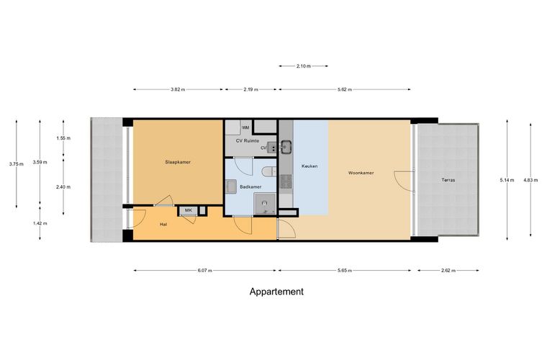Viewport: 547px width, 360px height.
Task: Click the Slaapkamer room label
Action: pos(178,162)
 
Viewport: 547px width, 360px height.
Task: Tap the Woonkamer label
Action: pos(361,173)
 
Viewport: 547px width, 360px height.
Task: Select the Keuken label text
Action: pos(309,166)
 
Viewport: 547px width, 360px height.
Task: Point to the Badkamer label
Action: pos(250,187)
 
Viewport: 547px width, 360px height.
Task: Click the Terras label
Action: pos(448,180)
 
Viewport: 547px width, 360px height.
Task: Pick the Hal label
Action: pos(163,225)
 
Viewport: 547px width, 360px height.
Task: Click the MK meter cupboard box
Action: pos(189,211)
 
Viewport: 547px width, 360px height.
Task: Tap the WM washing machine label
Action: pos(245,127)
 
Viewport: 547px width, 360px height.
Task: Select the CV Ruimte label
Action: pos(248,141)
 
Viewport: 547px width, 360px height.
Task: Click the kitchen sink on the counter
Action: pos(286,146)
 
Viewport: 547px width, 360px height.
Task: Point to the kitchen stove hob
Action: pos(286,181)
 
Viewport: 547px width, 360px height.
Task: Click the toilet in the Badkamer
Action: pos(269,171)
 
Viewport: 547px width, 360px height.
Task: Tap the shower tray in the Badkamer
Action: pos(265,204)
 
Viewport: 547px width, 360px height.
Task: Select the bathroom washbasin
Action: pos(230,186)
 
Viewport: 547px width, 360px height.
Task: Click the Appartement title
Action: pos(276,292)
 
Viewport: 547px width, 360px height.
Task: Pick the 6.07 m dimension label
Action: pos(205,270)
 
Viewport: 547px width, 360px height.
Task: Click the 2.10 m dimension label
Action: pos(304,66)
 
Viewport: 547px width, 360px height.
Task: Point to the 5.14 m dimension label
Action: pos(507,180)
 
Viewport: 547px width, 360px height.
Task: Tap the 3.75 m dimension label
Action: pos(17,164)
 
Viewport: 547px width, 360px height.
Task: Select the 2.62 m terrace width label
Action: pos(448,270)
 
